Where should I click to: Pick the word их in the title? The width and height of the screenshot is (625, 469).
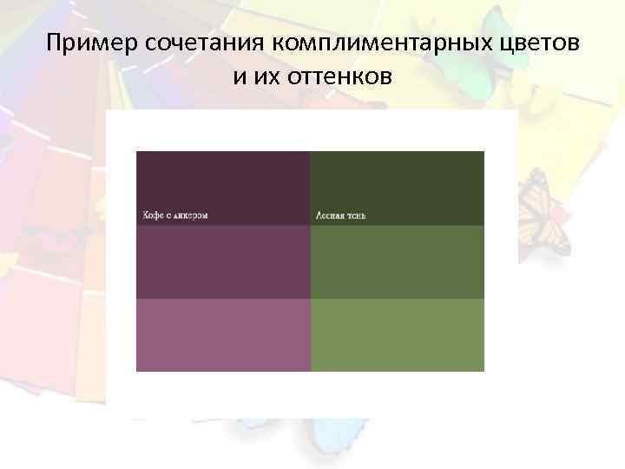(264, 78)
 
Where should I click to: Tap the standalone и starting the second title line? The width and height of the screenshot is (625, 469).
(239, 78)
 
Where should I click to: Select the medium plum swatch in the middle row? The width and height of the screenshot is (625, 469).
(223, 262)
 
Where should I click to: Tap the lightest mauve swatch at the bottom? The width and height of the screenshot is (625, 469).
(223, 334)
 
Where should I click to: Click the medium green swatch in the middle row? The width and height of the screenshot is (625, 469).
(397, 262)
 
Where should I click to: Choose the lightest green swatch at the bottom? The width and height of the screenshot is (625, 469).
(397, 334)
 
